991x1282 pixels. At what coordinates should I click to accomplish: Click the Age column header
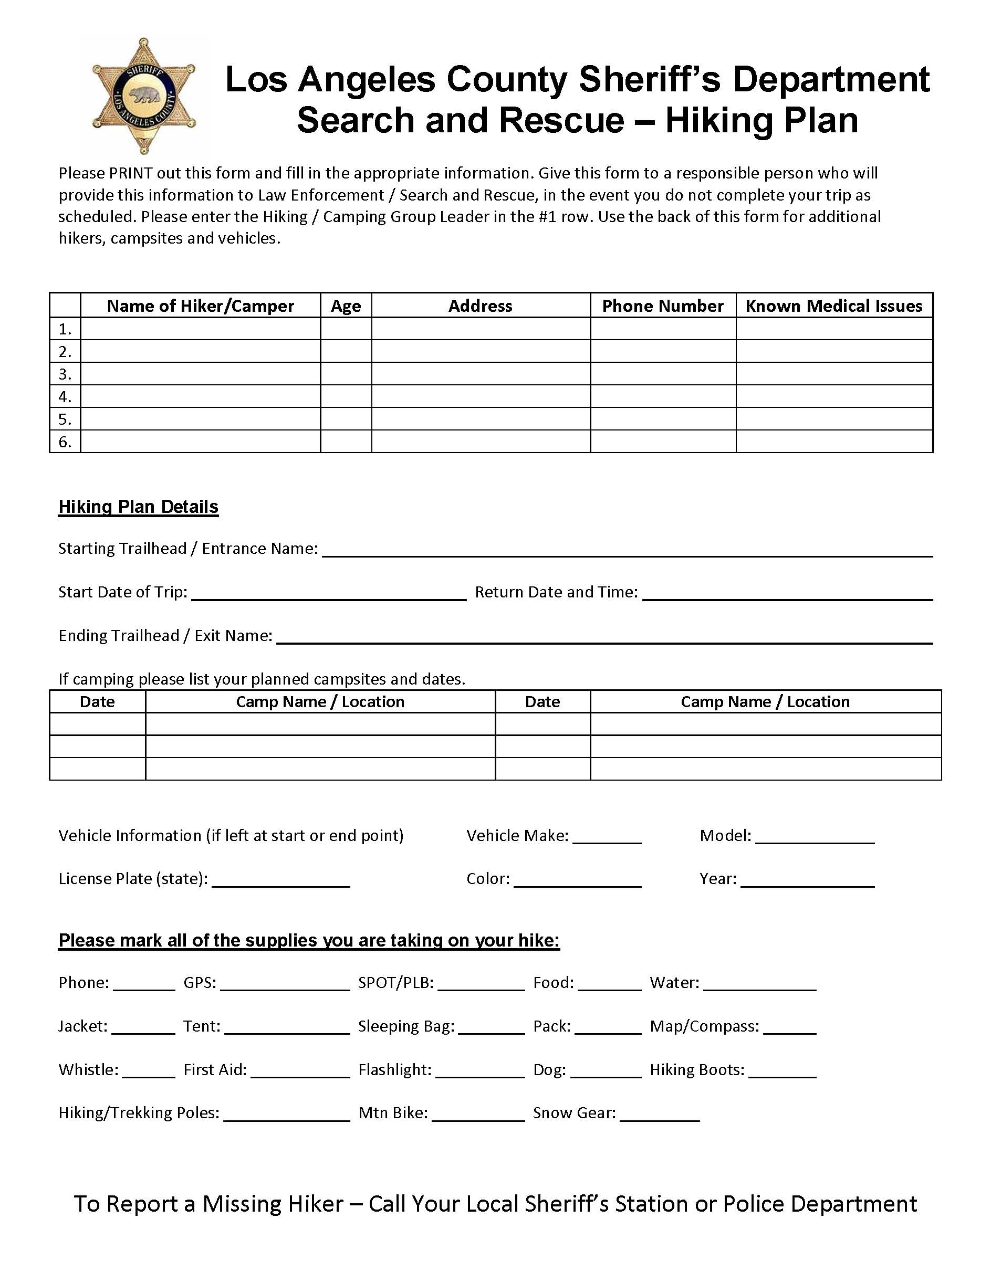pos(346,306)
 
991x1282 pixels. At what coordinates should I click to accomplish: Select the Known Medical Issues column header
pos(833,306)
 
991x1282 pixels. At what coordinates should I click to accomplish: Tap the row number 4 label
pos(65,397)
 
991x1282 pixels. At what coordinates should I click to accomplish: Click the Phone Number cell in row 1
pos(663,329)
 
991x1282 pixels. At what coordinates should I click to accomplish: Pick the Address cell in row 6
pos(480,442)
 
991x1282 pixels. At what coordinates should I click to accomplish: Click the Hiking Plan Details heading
pos(139,507)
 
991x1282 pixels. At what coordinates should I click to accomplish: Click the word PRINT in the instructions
pos(131,173)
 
